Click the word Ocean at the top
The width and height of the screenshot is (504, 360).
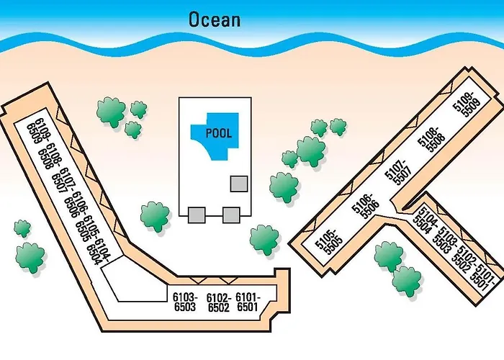214,19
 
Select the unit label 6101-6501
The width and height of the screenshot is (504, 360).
247,302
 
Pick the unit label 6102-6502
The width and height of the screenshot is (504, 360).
217,302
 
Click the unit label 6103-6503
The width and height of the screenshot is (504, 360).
185,302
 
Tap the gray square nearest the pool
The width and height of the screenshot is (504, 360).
238,184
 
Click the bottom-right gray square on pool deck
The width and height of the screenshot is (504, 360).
230,214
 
